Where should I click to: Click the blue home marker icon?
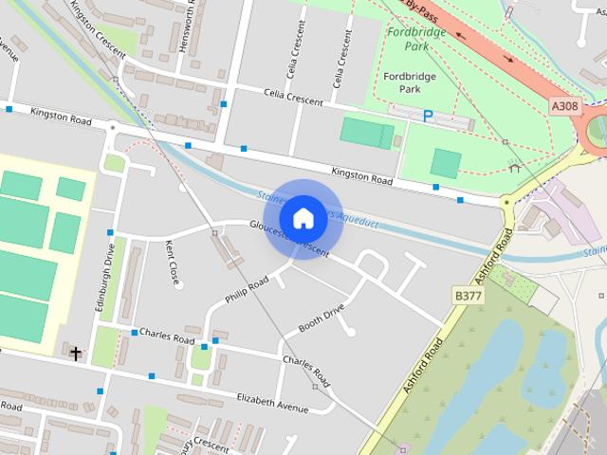[x=303, y=218]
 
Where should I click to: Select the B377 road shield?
[x=469, y=297]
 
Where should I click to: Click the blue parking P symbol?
[x=428, y=117]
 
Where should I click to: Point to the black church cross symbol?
[x=75, y=353]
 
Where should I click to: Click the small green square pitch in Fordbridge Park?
[x=445, y=163]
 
